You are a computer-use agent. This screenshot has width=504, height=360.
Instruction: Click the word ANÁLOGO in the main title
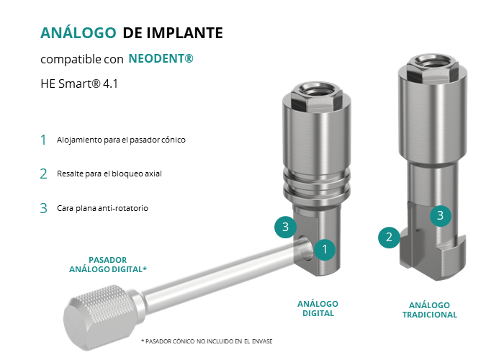78,33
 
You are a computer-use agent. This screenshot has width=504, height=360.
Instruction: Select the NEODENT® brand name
161,58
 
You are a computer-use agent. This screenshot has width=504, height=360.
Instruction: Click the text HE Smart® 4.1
79,84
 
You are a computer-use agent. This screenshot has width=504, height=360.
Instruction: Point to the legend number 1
43,140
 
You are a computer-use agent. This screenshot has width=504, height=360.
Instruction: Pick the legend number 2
43,174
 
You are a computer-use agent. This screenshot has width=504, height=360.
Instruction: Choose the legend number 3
43,208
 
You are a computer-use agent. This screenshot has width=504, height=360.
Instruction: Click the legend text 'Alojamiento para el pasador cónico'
121,140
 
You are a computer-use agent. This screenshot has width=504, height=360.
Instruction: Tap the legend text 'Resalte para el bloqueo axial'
109,174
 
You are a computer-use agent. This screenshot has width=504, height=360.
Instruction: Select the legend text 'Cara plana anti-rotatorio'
102,208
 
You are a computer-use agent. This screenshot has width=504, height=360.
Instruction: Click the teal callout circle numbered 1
325,249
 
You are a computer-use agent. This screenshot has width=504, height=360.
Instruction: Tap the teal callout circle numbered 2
389,237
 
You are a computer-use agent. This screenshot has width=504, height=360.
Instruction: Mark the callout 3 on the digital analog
285,227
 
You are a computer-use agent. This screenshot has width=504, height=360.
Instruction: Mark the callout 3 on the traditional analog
441,215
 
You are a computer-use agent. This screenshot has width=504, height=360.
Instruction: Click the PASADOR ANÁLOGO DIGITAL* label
108,264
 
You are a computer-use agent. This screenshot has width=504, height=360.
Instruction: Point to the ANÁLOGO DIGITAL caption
318,309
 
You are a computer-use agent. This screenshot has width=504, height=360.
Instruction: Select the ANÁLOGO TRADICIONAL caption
430,310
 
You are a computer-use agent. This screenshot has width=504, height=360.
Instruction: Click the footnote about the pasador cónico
207,341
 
